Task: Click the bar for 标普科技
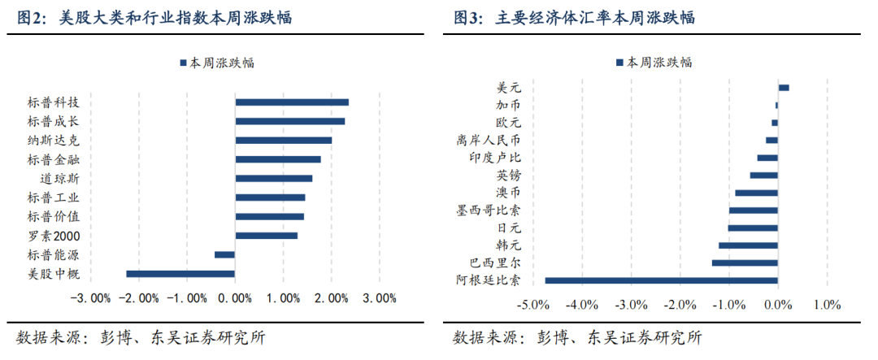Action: tap(292, 102)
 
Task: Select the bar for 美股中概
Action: tap(180, 274)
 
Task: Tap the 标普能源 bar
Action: tap(224, 254)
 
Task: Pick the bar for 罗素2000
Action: tap(266, 236)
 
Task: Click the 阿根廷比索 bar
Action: tap(661, 280)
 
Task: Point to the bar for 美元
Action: tap(784, 88)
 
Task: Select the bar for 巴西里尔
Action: tap(745, 262)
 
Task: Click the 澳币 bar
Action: tap(756, 193)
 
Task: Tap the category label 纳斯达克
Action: tap(53, 140)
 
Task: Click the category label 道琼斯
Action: tap(59, 178)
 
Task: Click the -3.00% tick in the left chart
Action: tap(90, 297)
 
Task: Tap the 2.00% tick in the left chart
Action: tap(331, 297)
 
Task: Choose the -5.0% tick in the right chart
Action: tap(532, 305)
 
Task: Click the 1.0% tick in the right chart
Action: tap(827, 305)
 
